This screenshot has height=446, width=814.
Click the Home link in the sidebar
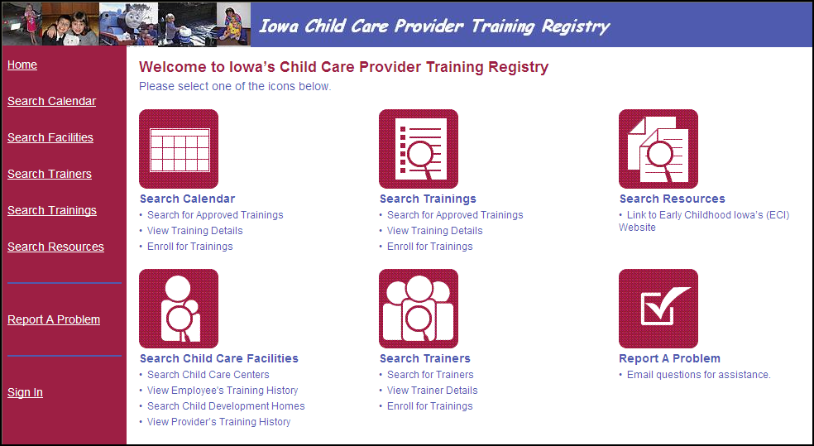coord(22,65)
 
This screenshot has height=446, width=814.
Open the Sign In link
coord(25,392)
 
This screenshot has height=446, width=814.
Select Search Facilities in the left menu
coord(50,137)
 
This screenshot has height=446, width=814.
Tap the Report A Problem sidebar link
coord(54,320)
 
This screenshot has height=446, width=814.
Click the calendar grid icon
coord(179,149)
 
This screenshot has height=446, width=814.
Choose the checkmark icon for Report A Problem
coord(658,309)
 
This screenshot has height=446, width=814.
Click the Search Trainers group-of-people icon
coord(419,309)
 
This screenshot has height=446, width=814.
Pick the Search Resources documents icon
coord(658,149)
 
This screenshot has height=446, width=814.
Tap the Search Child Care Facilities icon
coord(179,309)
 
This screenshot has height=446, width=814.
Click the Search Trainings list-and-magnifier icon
coord(419,149)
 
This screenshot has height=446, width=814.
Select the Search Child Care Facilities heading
coord(219,359)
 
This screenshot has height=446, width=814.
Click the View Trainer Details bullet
coord(433,391)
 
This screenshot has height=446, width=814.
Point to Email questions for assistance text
coord(699,375)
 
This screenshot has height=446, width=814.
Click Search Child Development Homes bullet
coord(226,406)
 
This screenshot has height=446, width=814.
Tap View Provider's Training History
coord(218,422)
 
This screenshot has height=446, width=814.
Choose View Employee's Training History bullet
coord(223,391)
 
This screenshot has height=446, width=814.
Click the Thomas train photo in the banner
coord(128,24)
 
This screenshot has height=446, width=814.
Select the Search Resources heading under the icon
coord(673,199)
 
